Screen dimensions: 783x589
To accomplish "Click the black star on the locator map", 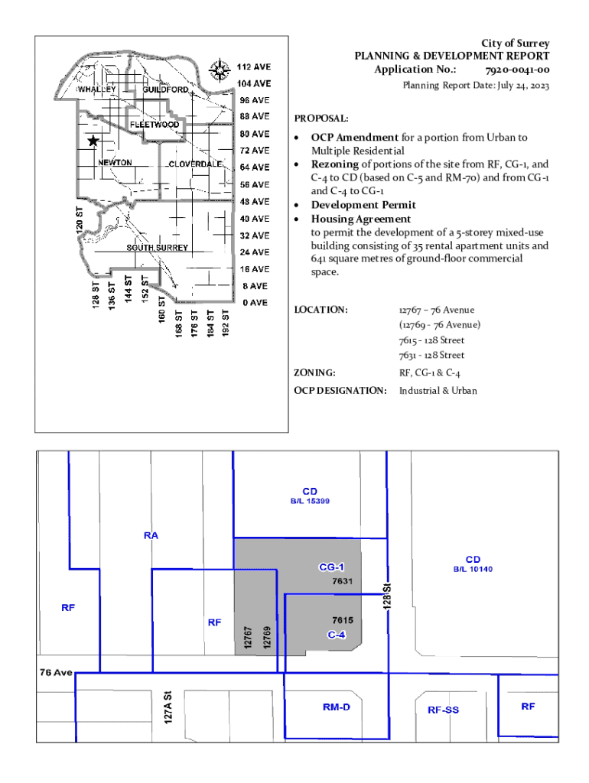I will pos(93,141).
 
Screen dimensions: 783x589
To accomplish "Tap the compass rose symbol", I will pos(220,70).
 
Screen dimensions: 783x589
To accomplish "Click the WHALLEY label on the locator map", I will pos(98,89).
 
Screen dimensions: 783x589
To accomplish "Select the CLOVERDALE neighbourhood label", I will pos(195,164).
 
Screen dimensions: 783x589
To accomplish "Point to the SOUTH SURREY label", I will pos(158,249).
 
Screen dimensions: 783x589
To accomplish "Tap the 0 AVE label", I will pos(255,303).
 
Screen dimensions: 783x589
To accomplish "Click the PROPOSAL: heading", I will pos(321,119).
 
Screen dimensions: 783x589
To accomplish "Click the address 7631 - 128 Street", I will pos(431,356).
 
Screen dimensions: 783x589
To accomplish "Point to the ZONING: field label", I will pos(315,373).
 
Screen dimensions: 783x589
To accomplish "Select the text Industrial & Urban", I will pos(438,391).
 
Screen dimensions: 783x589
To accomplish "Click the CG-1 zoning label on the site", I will pos(332,567).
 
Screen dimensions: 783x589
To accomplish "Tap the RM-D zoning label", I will pos(336,707).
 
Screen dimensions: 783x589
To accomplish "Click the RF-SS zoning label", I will pos(443,710).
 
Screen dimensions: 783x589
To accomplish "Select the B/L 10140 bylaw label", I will pos(473,570).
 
